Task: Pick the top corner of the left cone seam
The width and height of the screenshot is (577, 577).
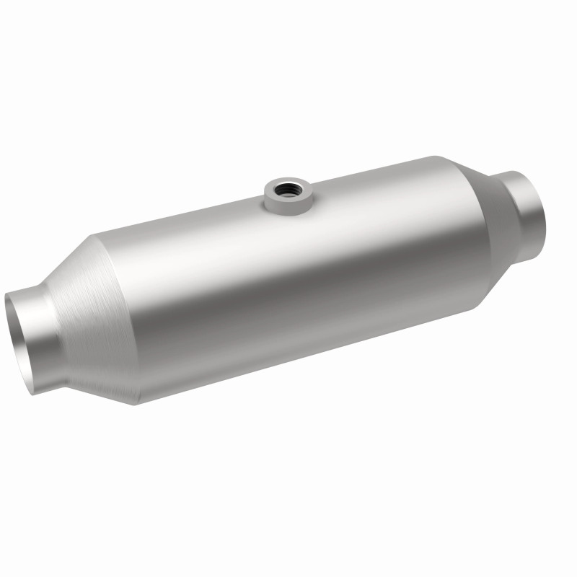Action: pyautogui.click(x=92, y=240)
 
